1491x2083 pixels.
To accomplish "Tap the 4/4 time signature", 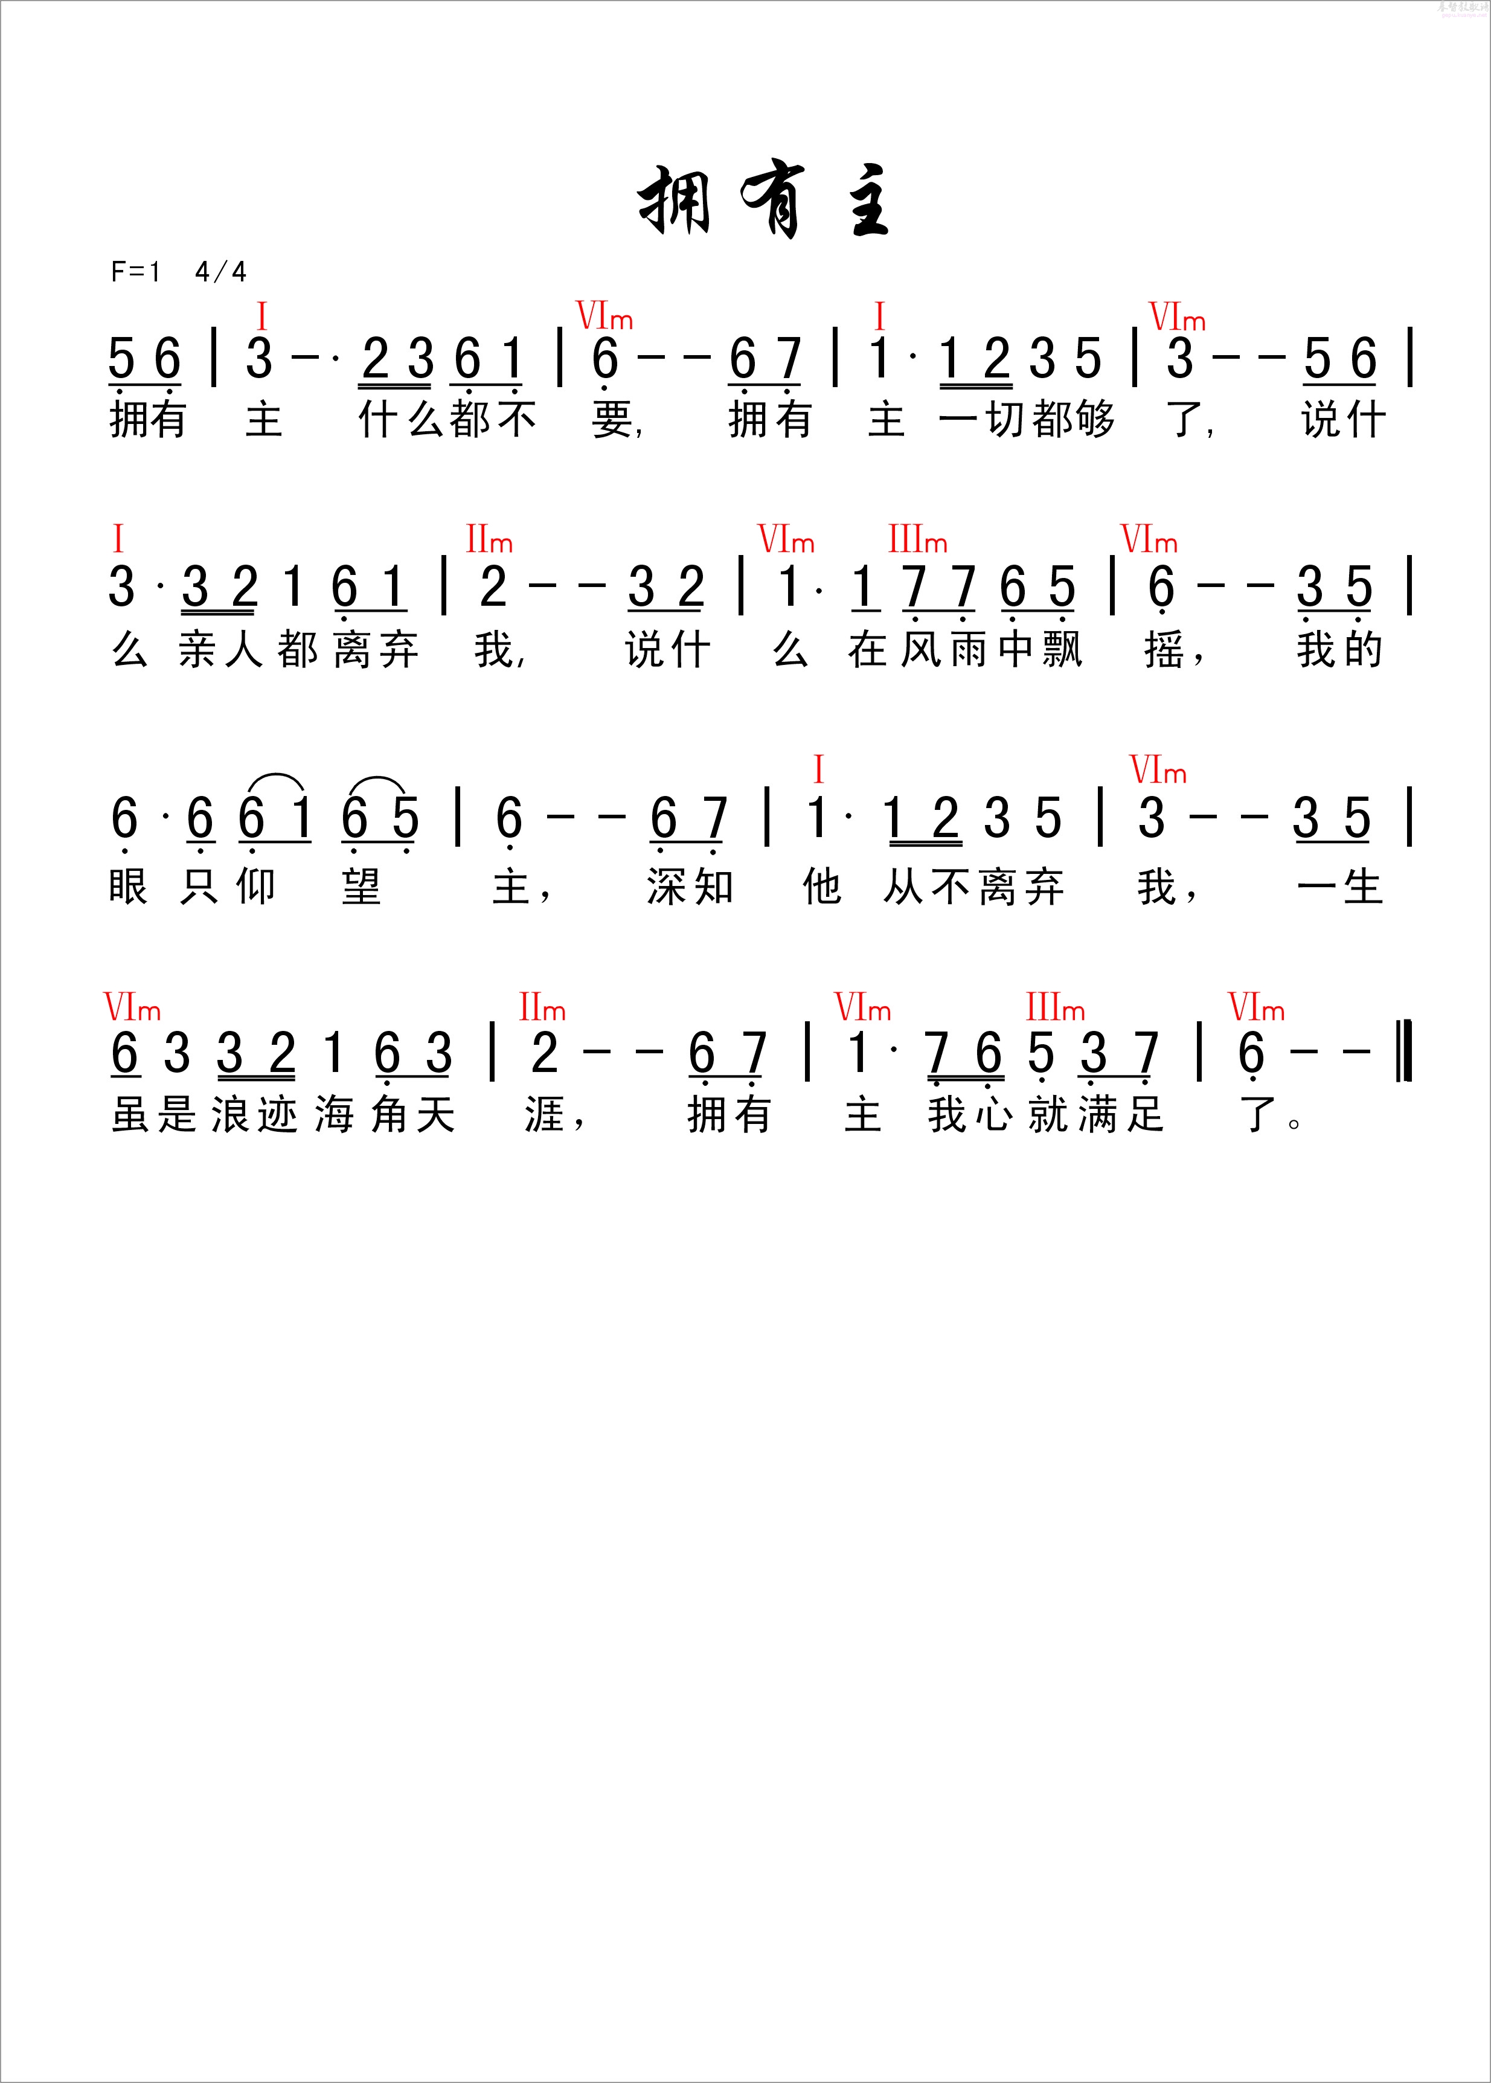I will [220, 272].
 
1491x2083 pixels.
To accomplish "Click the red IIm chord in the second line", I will [489, 540].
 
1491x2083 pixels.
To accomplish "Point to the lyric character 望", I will [361, 887].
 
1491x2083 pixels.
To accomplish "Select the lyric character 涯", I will [543, 1115].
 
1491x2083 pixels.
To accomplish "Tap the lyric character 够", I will [1092, 420].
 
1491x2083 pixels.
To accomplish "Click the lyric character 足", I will [1145, 1115].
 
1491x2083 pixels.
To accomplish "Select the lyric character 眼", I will [127, 887].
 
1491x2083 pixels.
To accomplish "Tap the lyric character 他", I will [822, 887].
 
